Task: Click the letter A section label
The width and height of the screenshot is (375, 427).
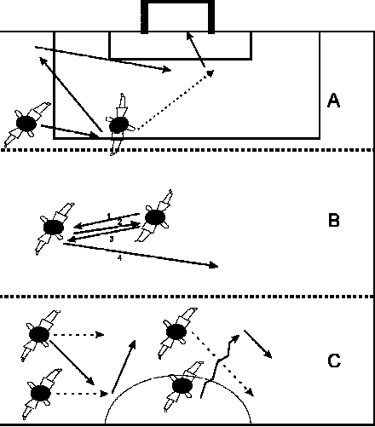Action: pyautogui.click(x=333, y=101)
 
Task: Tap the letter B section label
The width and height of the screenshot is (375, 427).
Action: pyautogui.click(x=334, y=220)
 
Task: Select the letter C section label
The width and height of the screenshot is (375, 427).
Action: pyautogui.click(x=334, y=361)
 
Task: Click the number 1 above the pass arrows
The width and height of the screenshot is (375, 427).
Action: pyautogui.click(x=109, y=216)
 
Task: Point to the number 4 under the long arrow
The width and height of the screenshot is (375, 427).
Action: pyautogui.click(x=119, y=258)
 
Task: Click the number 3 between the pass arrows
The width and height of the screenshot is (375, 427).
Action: pyautogui.click(x=112, y=239)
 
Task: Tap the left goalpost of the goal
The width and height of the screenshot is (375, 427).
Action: pyautogui.click(x=144, y=17)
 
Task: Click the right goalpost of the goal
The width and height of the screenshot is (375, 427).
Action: pyautogui.click(x=211, y=17)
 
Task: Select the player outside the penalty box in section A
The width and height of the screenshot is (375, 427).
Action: pyautogui.click(x=27, y=124)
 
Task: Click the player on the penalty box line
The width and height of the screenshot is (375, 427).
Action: pyautogui.click(x=119, y=125)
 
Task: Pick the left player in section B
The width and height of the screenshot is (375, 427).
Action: pyautogui.click(x=54, y=228)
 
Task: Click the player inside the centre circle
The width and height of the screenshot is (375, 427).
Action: pyautogui.click(x=182, y=386)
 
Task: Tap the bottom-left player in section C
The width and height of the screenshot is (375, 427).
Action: pyautogui.click(x=41, y=394)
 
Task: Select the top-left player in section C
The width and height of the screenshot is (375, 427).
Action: pyautogui.click(x=40, y=335)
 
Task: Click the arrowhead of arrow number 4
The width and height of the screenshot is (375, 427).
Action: pyautogui.click(x=214, y=266)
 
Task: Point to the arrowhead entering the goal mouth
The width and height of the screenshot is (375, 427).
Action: pyautogui.click(x=189, y=37)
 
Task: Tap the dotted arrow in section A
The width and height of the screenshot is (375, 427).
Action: pyautogui.click(x=176, y=101)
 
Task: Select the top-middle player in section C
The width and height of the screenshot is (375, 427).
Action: pyautogui.click(x=176, y=332)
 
